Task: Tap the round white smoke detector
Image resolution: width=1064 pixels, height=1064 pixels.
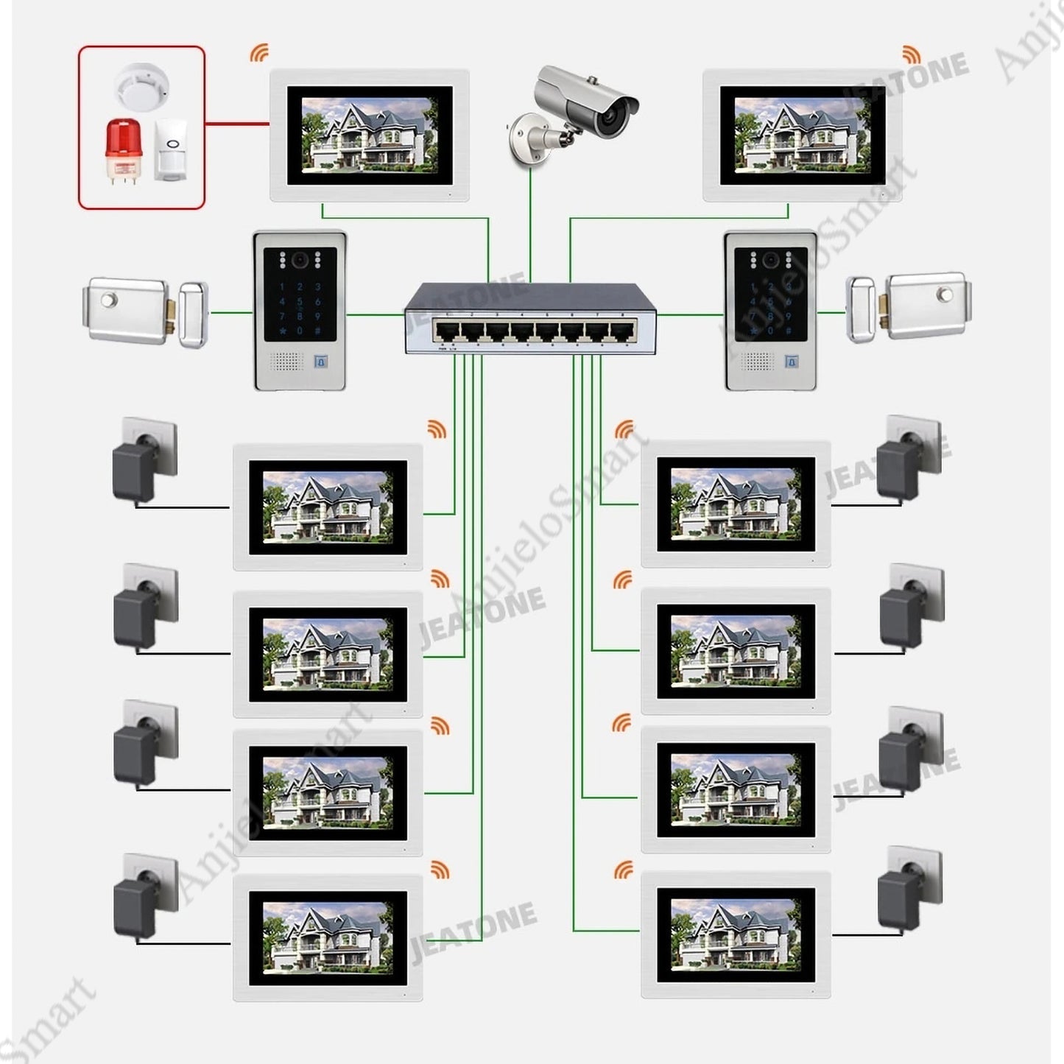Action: tap(141, 83)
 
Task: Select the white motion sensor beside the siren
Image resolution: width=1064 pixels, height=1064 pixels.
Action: tap(172, 149)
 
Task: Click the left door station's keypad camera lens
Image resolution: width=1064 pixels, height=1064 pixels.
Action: tap(300, 260)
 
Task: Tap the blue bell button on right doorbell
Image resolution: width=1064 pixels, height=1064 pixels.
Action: tap(792, 362)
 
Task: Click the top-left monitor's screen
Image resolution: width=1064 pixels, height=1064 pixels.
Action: tap(370, 135)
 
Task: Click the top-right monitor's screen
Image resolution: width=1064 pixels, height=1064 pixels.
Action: tap(803, 135)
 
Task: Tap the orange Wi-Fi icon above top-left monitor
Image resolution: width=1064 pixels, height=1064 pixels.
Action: tap(258, 53)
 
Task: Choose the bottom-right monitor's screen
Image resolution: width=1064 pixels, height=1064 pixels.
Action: tap(736, 934)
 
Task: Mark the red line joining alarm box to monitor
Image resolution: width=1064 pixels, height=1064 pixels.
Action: tap(237, 123)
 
